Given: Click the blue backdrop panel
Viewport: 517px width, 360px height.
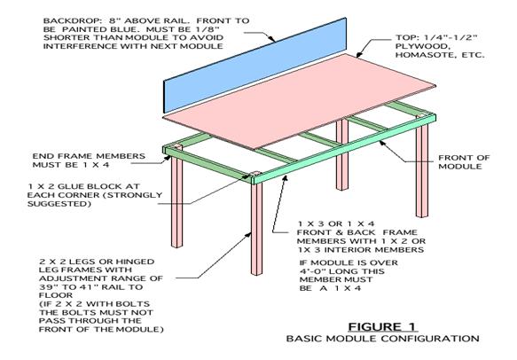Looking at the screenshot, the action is click(x=255, y=65).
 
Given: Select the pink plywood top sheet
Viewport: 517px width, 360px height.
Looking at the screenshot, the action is click(x=300, y=101).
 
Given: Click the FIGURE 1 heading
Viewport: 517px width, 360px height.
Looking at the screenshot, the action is click(x=382, y=326).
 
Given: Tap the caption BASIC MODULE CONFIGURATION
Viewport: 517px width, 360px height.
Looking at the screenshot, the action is click(x=382, y=339).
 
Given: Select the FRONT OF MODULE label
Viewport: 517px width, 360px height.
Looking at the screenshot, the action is click(x=464, y=162).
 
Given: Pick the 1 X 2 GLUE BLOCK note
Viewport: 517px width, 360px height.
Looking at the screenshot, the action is click(x=95, y=195).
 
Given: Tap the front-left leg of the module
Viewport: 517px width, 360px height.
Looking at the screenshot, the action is click(x=256, y=229).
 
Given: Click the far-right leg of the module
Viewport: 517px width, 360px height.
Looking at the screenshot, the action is click(x=422, y=169).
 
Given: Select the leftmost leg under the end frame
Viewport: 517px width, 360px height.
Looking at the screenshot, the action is click(x=176, y=202).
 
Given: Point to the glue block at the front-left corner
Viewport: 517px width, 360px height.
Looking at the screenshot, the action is click(x=255, y=174).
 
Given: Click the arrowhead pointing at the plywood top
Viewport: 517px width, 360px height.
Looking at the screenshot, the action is click(x=359, y=54).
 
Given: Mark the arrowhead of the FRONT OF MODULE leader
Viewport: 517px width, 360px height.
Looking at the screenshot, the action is click(x=382, y=143).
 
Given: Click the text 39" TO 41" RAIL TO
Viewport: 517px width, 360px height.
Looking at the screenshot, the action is click(x=90, y=287).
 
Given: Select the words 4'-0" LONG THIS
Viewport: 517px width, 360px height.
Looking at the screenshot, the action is click(x=342, y=271).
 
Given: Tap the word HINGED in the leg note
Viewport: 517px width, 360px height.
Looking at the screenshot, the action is click(x=135, y=262).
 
